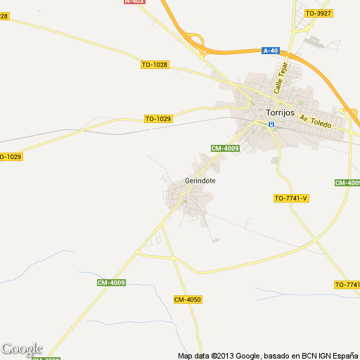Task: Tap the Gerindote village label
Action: point(200,181)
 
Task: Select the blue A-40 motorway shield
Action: point(271,51)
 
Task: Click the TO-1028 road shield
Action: point(155,65)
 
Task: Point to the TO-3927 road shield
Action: point(319,13)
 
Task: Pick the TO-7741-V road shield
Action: point(291,198)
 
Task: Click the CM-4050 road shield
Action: point(188,300)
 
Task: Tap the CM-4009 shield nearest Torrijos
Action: point(226,148)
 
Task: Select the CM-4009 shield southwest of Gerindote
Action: point(111,283)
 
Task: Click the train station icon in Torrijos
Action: point(271,125)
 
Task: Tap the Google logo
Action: point(22,349)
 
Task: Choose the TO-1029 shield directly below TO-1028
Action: point(158,119)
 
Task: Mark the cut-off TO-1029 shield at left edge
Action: point(11,156)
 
